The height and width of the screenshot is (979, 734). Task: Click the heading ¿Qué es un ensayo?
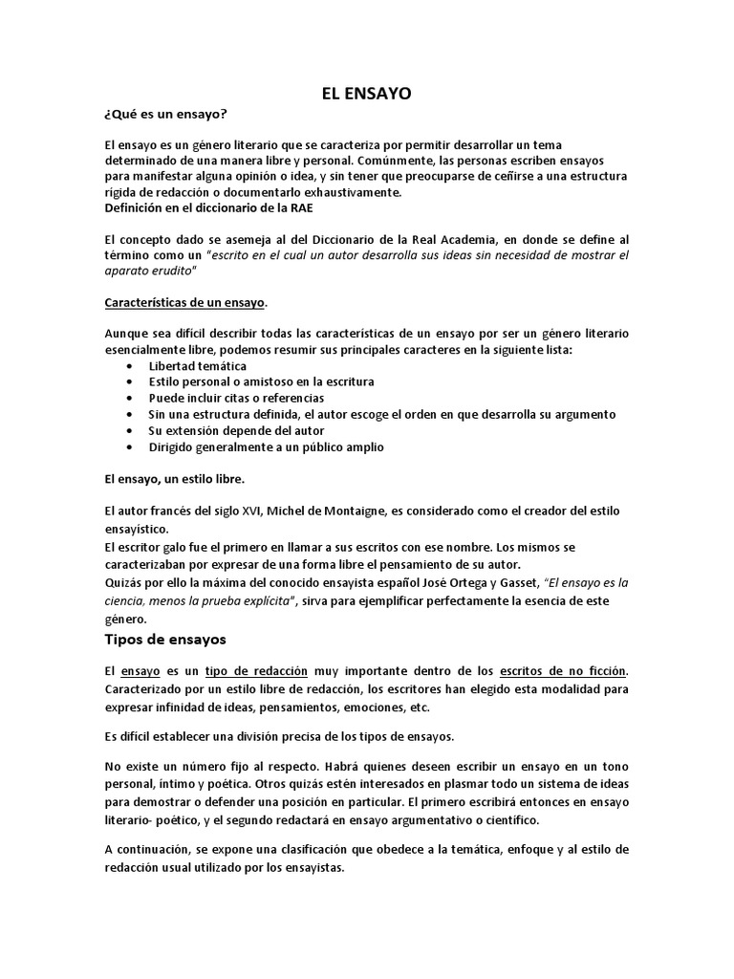pos(165,115)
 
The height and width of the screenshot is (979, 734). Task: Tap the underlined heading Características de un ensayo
pos(184,302)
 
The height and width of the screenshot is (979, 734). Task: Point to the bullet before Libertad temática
pos(131,366)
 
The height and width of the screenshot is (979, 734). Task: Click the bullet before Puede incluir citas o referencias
pos(131,398)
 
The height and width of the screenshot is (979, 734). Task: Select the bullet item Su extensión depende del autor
pos(223,430)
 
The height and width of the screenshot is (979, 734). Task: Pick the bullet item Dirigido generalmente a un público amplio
pos(267,446)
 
